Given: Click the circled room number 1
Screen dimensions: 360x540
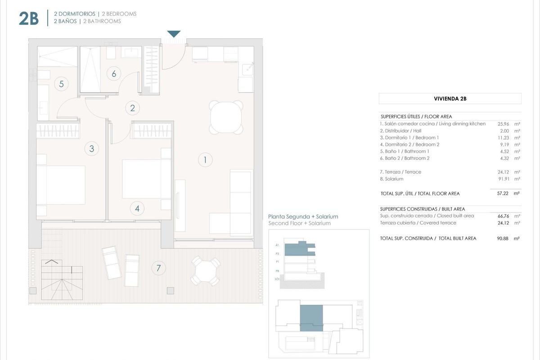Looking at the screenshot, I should (x=205, y=159).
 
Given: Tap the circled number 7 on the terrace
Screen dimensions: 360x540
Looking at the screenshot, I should (x=158, y=269).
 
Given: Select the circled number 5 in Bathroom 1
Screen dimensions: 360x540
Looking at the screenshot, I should (x=61, y=83).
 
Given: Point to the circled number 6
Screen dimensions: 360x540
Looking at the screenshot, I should (x=114, y=74).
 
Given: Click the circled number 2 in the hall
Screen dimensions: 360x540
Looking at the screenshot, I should (x=132, y=108).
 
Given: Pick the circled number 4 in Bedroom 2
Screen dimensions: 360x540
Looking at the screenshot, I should (x=137, y=208).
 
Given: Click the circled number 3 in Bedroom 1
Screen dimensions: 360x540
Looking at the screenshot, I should (x=92, y=148).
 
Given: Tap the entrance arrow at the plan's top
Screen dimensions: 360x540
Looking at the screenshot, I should (x=174, y=34).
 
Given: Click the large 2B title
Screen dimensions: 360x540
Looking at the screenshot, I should (x=29, y=18).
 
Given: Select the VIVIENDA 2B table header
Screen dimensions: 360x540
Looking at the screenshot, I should (x=450, y=99).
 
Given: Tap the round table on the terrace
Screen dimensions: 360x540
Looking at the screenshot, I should (x=206, y=270).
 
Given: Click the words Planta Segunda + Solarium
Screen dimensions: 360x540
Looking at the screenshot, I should (x=303, y=216).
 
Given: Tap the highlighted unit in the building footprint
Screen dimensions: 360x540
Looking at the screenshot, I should (x=311, y=317).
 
